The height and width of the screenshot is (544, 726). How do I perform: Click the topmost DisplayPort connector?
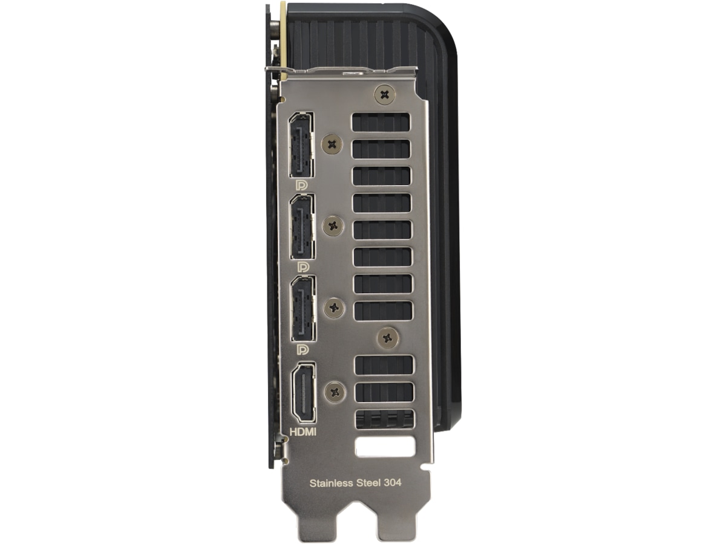click(301, 145)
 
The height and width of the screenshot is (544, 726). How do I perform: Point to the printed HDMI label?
click(304, 432)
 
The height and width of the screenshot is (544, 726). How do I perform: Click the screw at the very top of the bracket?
click(384, 94)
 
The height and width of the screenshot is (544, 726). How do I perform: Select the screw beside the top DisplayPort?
click(332, 144)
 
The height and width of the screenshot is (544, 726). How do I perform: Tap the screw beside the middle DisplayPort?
click(333, 226)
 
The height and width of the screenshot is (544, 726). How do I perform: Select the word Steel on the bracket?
click(370, 483)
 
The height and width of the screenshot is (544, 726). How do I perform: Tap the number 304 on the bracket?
click(393, 483)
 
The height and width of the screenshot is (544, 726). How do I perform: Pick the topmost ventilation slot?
click(381, 121)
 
